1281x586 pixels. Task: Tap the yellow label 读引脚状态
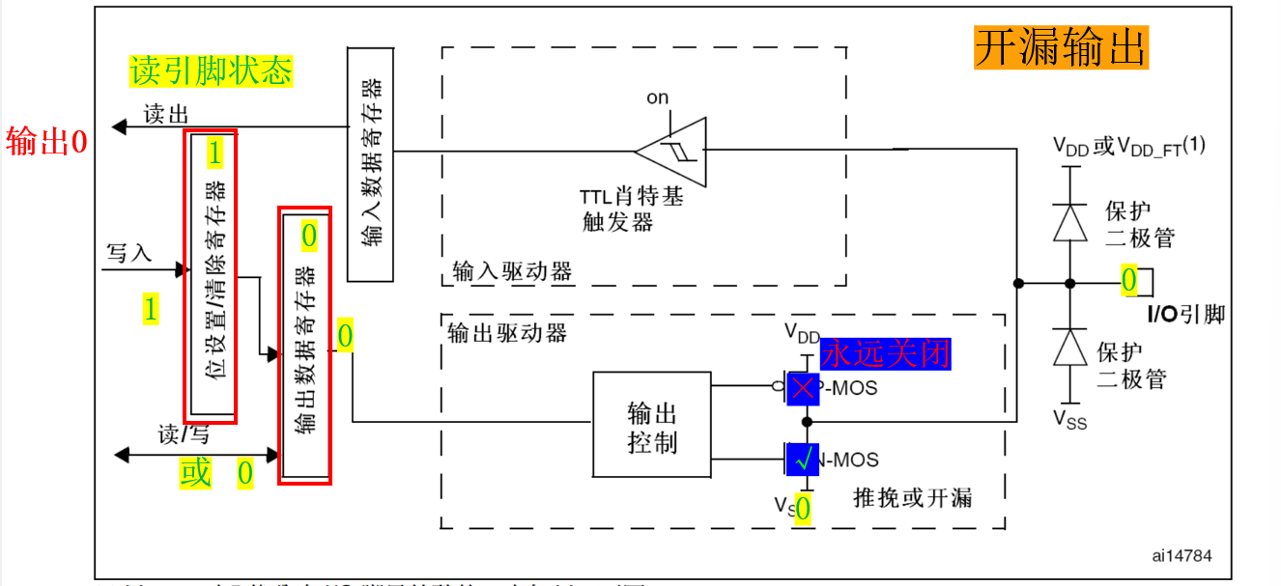(x=211, y=70)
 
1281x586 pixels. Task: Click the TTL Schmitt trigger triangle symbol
(x=673, y=150)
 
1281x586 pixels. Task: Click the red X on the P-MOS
(x=803, y=389)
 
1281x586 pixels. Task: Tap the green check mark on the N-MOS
(x=803, y=460)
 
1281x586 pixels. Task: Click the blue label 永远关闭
(x=885, y=353)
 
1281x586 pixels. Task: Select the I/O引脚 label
(x=1185, y=314)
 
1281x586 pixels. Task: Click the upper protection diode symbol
(x=1069, y=222)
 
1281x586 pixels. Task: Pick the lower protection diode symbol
(x=1069, y=348)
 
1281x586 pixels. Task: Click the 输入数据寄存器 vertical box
(x=370, y=164)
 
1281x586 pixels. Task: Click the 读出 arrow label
(x=165, y=115)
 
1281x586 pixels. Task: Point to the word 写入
(x=129, y=254)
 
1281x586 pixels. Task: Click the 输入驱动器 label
(x=512, y=270)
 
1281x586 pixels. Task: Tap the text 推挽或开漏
(x=913, y=498)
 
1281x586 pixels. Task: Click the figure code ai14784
(x=1181, y=555)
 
